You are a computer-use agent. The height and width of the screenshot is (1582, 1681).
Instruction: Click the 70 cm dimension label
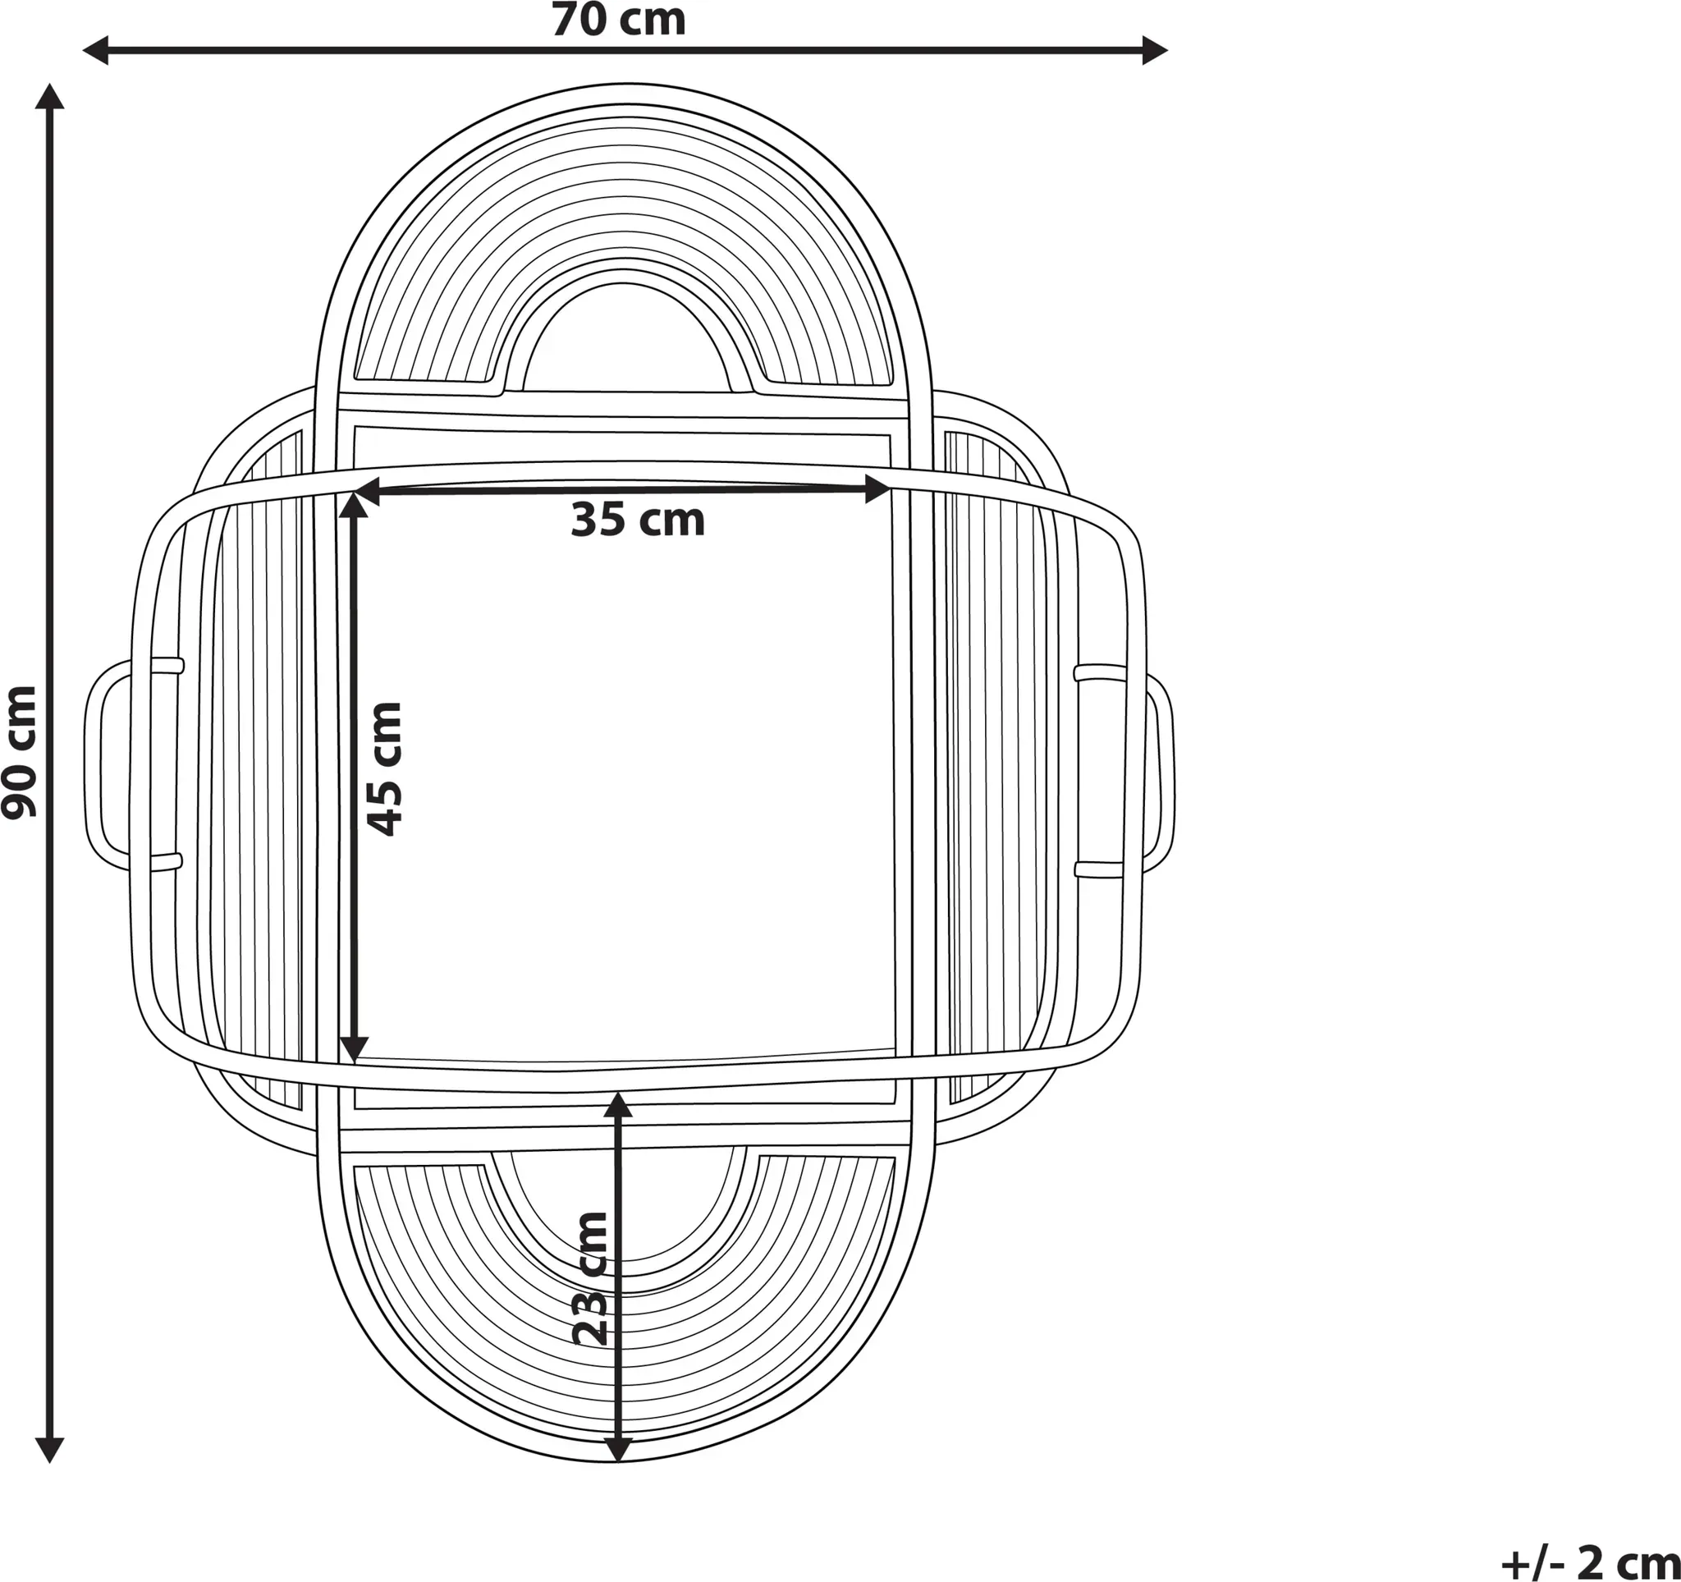[x=619, y=21]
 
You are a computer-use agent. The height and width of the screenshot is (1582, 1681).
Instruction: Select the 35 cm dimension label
[x=638, y=519]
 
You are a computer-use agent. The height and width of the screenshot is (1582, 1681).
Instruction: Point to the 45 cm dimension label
[x=385, y=768]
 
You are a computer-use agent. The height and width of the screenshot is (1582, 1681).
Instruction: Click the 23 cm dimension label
[x=590, y=1279]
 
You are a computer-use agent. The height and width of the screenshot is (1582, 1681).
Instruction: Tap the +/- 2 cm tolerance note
[x=1591, y=1561]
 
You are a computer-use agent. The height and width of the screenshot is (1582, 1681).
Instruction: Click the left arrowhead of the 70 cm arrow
[x=95, y=51]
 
